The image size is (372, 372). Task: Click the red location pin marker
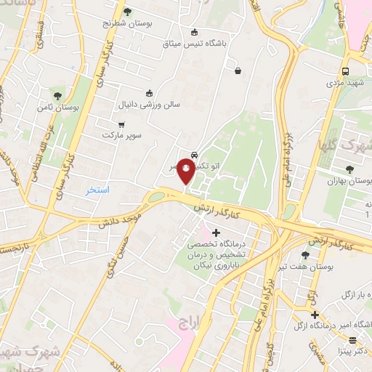tap(186, 172)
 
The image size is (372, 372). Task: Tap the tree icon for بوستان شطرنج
tap(128, 11)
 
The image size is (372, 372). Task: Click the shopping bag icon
tap(238, 70)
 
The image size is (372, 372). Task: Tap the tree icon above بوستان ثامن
tap(57, 96)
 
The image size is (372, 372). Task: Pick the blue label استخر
tap(97, 190)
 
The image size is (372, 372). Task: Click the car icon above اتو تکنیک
tap(194, 155)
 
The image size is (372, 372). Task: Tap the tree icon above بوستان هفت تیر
tap(304, 255)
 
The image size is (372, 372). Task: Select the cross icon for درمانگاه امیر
tap(314, 315)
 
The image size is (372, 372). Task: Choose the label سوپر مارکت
tap(120, 136)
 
